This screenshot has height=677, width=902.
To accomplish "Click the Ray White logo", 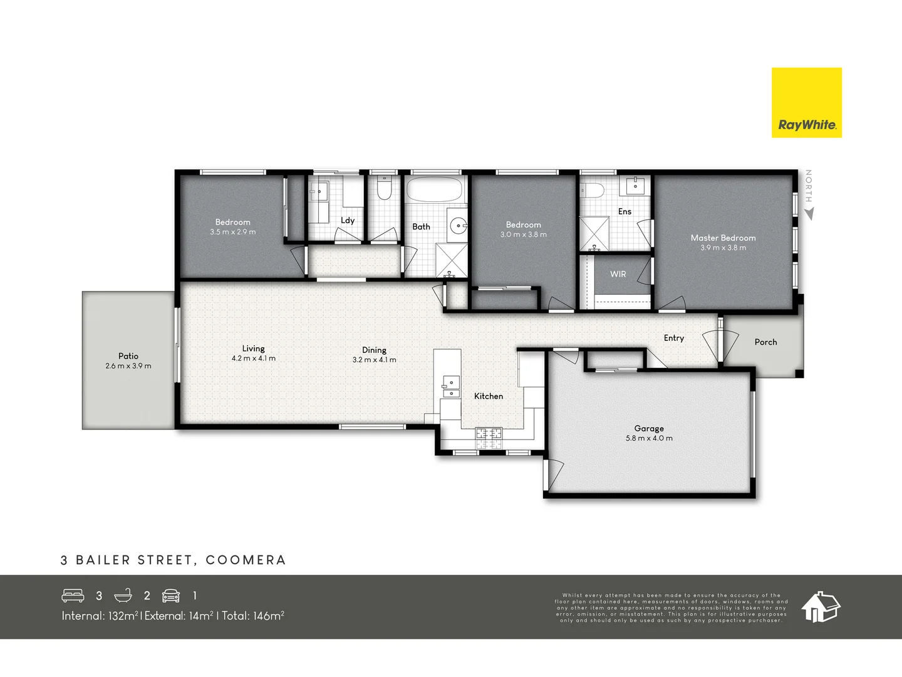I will (806, 103).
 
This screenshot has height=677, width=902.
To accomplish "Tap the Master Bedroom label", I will (723, 238).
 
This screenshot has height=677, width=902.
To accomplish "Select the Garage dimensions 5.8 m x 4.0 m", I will (649, 438).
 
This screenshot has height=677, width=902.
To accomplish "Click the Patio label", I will (128, 356).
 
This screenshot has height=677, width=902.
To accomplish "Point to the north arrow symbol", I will (809, 214).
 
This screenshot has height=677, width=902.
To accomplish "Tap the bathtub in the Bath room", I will (434, 188).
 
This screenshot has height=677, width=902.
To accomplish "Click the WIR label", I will (618, 274).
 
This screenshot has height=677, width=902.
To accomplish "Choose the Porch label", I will (765, 342).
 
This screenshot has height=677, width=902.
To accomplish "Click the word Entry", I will (674, 338).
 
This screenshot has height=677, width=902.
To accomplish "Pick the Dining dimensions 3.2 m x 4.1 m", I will (374, 360).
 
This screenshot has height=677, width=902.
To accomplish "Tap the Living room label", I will (254, 349).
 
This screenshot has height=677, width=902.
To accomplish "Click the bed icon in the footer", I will (73, 596).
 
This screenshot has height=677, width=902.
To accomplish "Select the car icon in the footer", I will (171, 596).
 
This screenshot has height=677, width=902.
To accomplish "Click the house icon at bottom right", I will (820, 607).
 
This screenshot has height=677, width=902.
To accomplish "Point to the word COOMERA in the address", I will (246, 560).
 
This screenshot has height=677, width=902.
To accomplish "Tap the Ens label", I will (625, 211).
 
